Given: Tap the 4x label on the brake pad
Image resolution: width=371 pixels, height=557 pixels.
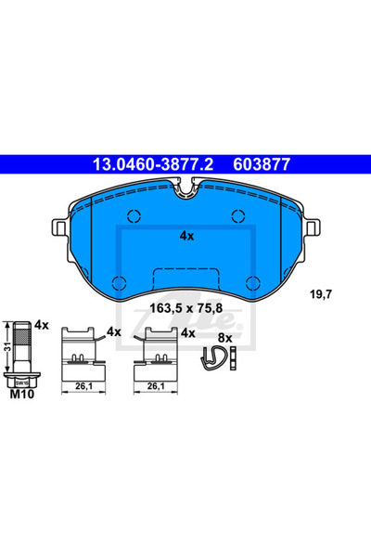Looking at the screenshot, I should pos(185,237).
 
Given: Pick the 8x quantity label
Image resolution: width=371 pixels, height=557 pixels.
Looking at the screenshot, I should pos(224,339).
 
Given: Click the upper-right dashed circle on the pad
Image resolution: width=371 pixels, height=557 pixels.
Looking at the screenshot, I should pos(237,218).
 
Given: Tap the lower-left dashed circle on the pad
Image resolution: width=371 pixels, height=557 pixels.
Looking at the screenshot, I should pos(118,283).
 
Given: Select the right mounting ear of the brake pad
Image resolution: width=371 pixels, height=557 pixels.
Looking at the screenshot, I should pos(314,227).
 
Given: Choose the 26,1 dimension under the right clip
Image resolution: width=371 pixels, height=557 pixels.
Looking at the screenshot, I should pos(156,387).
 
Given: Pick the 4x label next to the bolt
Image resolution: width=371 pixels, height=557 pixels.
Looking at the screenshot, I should pos(41,327).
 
